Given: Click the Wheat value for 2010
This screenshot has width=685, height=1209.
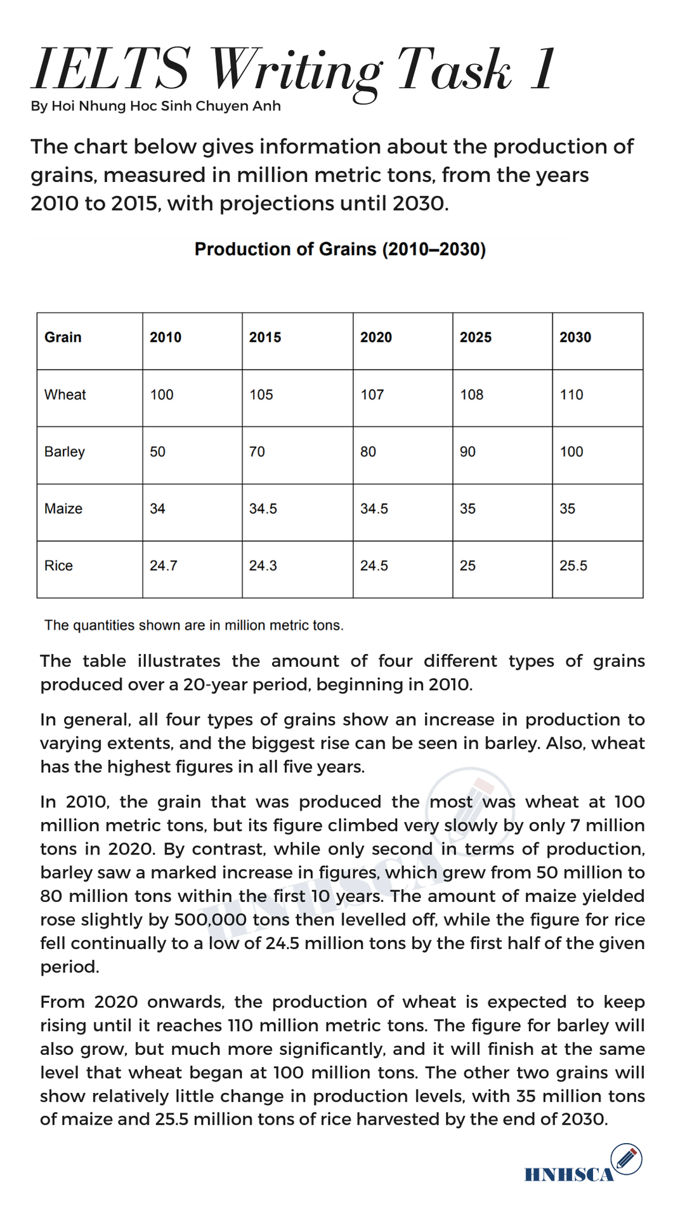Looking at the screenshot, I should coord(162,395).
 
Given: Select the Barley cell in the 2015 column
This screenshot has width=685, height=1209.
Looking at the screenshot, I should coord(257,452).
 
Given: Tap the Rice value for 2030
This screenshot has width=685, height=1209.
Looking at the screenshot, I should coord(573,566).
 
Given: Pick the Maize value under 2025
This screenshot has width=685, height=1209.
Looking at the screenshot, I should coord(467,509).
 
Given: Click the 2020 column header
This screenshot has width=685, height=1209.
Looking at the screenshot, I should coord(376,337).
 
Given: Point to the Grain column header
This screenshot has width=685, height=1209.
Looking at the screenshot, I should coord(63,337).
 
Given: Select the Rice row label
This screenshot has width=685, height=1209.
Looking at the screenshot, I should coord(58,566).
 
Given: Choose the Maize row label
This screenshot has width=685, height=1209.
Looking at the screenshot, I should coord(63,509).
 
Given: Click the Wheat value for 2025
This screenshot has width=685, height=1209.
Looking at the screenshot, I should coord(471,395).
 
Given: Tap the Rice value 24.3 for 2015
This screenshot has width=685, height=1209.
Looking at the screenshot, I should coord(263,566).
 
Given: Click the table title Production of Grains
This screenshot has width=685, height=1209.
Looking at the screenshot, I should coord(340,249).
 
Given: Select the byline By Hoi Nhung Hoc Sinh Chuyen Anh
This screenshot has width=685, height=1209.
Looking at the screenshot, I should coord(155,106).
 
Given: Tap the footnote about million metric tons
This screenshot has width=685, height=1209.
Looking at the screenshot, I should coord(193,625).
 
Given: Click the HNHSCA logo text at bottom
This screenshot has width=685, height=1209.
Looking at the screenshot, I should coord(569,1175).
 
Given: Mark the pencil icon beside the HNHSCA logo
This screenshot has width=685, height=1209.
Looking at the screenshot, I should coord(626,1158).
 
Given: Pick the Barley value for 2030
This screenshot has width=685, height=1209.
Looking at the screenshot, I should coord(571,452).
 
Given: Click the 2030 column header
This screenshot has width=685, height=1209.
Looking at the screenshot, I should coord(575,337).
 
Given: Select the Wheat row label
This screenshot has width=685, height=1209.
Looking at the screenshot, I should coord(65,395).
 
